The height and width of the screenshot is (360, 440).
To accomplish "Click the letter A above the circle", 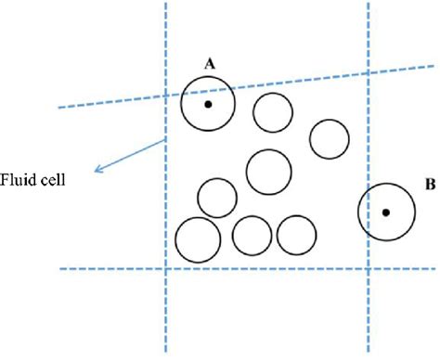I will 209,63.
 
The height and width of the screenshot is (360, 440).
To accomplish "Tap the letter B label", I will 430,185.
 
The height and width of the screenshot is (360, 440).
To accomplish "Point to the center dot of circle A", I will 208,104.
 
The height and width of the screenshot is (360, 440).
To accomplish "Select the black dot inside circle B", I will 386,212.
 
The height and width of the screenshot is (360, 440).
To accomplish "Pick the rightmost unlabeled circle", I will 329,139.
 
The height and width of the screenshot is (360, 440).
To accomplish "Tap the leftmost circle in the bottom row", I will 197,238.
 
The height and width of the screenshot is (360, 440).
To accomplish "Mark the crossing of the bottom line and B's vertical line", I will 369,269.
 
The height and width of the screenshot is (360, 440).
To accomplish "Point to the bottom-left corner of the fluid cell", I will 165,269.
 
